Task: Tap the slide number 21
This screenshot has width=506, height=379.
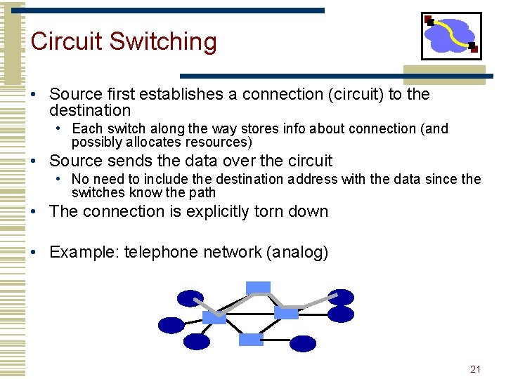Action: (475, 369)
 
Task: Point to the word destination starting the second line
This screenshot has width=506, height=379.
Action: (90, 110)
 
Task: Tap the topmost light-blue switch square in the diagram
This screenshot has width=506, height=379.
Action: (258, 287)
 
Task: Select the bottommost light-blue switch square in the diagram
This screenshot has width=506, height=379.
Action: (250, 340)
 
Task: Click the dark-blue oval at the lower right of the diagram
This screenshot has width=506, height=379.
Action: (303, 343)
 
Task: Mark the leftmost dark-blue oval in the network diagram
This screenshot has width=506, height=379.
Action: (171, 325)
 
